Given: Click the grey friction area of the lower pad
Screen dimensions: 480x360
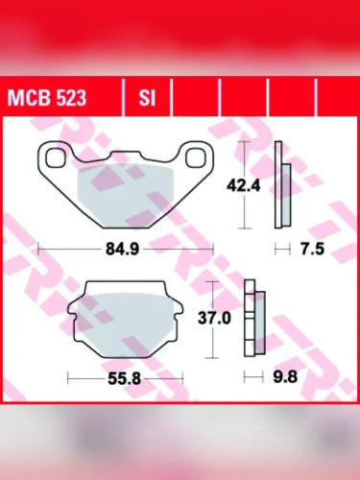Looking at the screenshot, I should pyautogui.click(x=124, y=321).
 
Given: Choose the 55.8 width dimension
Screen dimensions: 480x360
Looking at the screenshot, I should pyautogui.click(x=124, y=378).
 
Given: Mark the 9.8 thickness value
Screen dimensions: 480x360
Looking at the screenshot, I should pyautogui.click(x=285, y=378).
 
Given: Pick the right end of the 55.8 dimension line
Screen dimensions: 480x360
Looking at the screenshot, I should pyautogui.click(x=180, y=378).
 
